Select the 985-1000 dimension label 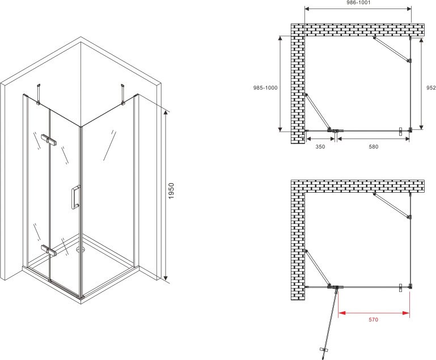point(265,88)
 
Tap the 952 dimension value point(431,87)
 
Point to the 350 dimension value point(320,146)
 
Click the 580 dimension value point(374,146)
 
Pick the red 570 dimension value point(374,320)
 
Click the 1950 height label point(171,190)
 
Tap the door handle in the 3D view point(75,197)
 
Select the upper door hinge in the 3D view point(49,139)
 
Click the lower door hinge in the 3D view point(49,250)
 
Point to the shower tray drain point(81,249)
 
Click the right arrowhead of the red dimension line point(407,313)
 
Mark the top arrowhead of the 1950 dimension point(166,113)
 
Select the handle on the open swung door point(323,349)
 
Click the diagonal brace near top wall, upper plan point(392,49)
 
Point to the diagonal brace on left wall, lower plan point(318,268)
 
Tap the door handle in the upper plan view point(400,132)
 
